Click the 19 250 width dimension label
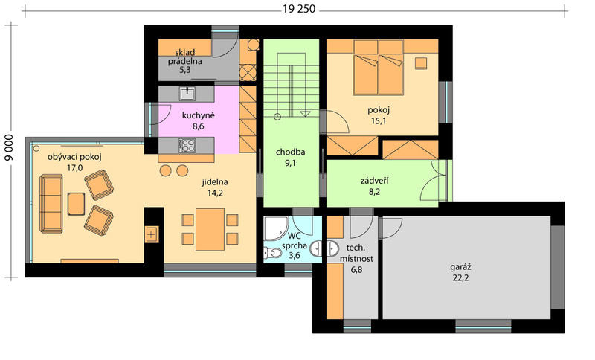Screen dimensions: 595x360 coord(299,9)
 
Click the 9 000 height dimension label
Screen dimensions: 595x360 coord(10,147)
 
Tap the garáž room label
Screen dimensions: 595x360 coord(460,267)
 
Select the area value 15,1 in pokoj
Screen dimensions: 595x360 coord(379,121)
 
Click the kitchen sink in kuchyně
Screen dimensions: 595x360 coord(187,93)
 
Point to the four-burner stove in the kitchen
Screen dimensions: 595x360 coord(187,145)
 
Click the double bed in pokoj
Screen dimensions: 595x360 coord(378,68)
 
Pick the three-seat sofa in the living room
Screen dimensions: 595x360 coord(51,203)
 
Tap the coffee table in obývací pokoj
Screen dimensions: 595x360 coord(77,204)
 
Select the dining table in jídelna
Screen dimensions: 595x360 coord(210,229)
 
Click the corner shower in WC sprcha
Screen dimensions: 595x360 coord(276,228)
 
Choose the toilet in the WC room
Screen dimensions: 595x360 coord(272,253)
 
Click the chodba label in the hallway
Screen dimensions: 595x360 coord(290,152)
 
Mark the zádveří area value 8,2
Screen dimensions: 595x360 coord(374,192)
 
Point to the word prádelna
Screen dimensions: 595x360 coord(184,61)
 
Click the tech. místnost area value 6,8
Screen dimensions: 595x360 coord(356,270)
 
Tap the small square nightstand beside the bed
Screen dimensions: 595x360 coord(420,63)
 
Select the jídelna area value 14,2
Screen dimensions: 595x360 coord(215,193)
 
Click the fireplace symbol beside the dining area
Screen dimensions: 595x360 coord(152,234)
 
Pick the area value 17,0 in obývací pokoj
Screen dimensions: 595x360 coord(75,167)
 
